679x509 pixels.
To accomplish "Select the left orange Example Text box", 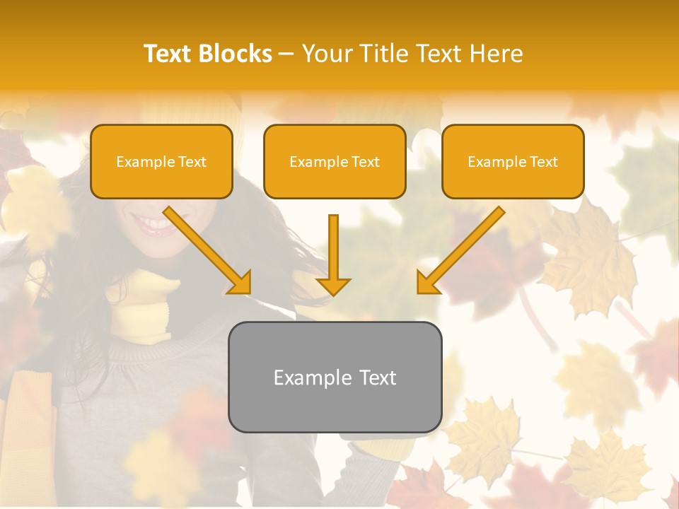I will point(161,161).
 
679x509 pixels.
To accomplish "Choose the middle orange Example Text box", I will point(335,161).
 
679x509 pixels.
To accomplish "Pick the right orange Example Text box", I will point(513,161).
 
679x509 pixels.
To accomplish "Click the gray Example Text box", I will point(335,377).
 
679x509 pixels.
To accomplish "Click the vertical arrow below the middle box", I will point(333,255).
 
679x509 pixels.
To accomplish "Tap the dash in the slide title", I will point(286,54).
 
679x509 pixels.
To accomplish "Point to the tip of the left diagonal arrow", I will point(248,291).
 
